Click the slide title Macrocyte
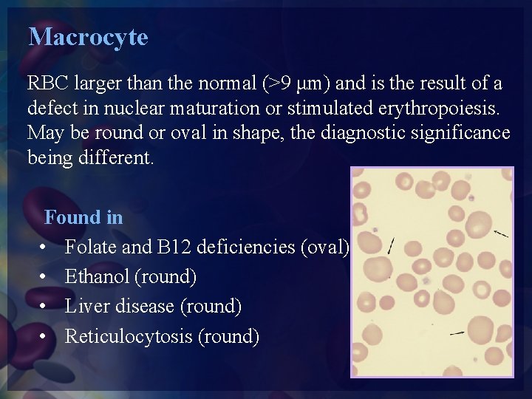tap(88, 37)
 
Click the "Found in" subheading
tap(83, 217)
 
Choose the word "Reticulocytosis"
tap(129, 337)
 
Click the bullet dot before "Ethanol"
tap(45, 277)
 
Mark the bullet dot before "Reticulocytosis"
tap(45, 337)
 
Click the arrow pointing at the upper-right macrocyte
tap(501, 233)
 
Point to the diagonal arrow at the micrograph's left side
tap(390, 246)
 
